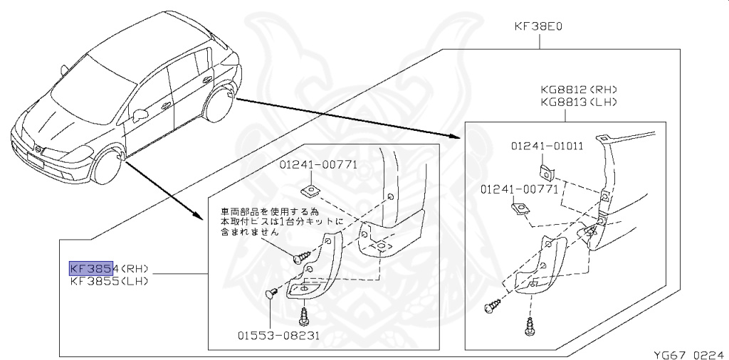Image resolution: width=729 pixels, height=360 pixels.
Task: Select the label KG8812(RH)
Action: pos(577,90)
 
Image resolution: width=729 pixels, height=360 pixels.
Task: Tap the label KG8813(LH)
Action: pos(577,102)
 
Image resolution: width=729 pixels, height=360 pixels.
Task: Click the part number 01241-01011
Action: pos(546,146)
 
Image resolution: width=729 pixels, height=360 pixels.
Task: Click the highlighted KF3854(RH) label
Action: pos(108,268)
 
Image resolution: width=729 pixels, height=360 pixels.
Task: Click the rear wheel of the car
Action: pos(218,105)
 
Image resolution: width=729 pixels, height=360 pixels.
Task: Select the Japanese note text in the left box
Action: pos(282,221)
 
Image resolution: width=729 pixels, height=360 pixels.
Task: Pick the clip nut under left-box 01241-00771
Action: pos(310,190)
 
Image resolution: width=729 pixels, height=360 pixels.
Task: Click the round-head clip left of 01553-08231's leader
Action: pos(271,292)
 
